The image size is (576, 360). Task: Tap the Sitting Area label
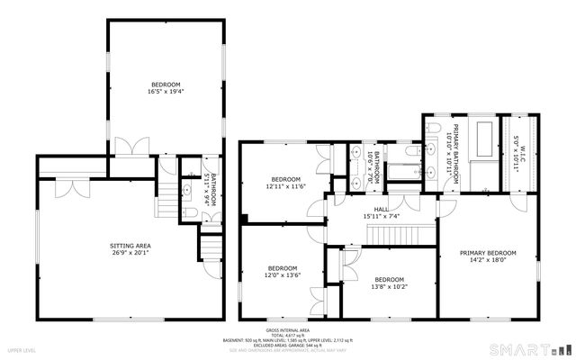130,248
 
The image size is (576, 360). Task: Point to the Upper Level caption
22,347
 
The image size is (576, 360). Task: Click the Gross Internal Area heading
288,330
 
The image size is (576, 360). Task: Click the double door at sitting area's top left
74,186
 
